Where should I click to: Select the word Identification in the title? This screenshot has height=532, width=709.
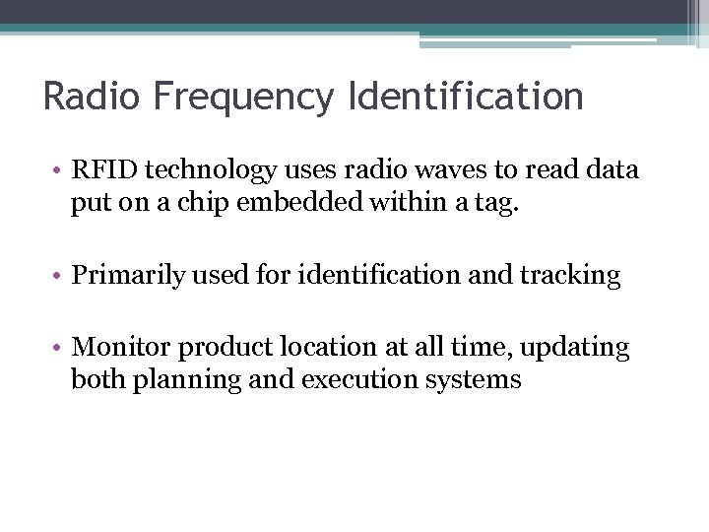click(465, 97)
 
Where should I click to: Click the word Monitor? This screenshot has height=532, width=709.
click(116, 347)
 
